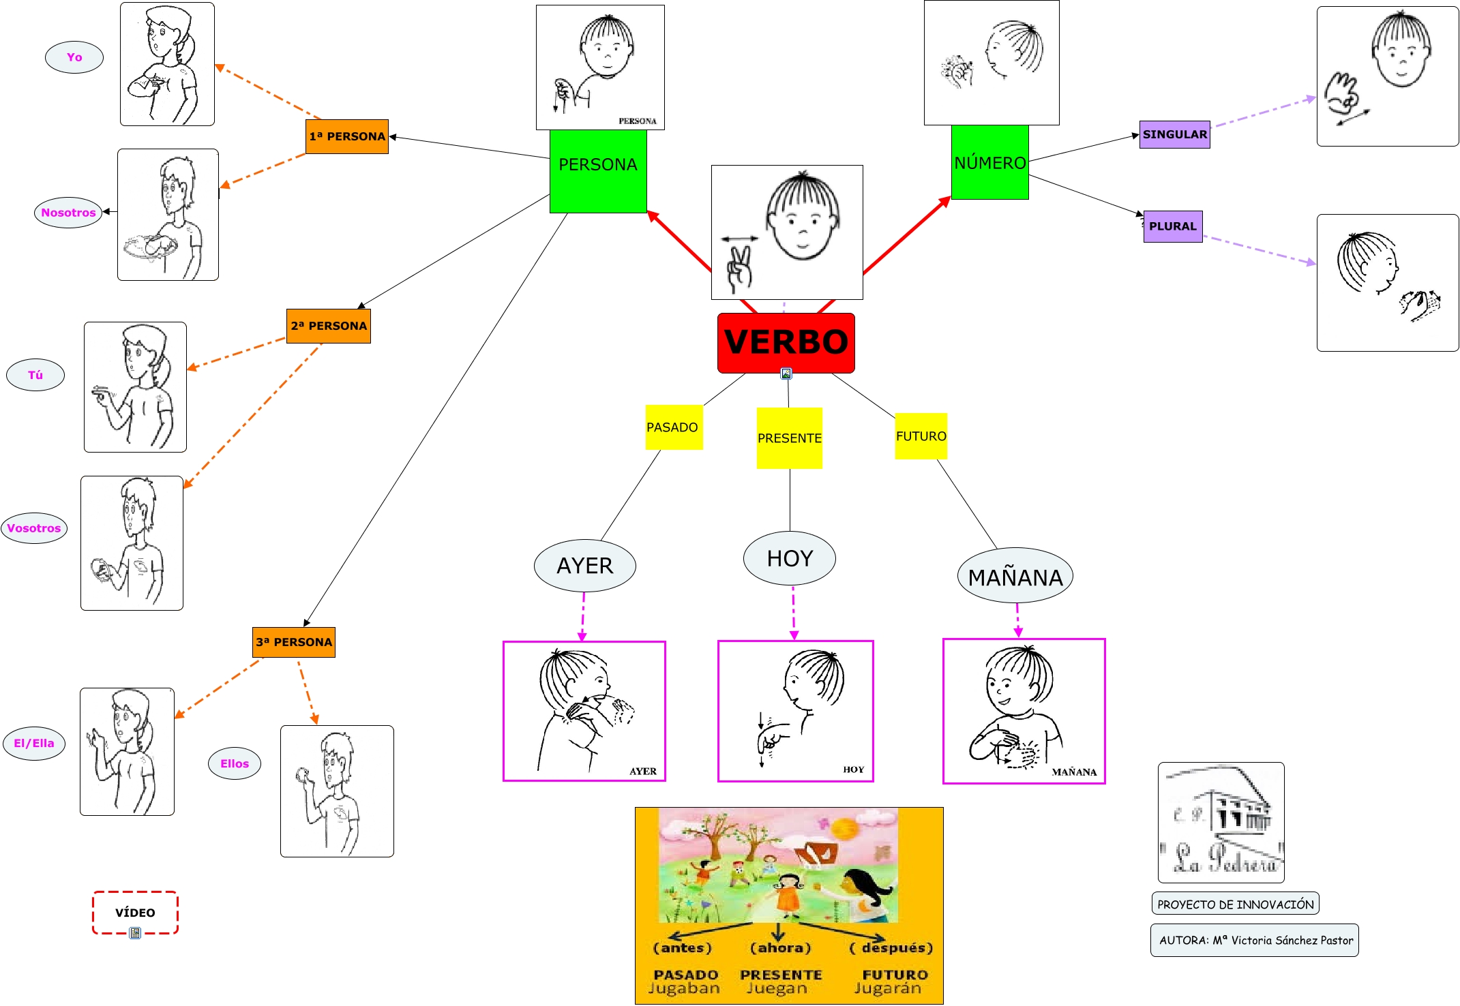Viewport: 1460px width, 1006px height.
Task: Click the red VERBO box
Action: (786, 343)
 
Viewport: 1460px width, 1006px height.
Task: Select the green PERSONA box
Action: (598, 170)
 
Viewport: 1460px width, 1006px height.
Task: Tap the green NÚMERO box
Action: (989, 162)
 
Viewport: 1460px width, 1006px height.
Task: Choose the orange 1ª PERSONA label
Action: (347, 136)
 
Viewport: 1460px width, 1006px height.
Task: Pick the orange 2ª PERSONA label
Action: (329, 326)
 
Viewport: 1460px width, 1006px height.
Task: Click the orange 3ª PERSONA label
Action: (294, 642)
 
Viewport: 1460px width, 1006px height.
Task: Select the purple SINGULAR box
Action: (1174, 134)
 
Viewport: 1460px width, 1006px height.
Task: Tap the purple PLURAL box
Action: (1172, 226)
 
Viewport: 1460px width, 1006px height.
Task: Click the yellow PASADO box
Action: (673, 427)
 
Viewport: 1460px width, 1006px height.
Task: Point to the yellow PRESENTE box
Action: (789, 438)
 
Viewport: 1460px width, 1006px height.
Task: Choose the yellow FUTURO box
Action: (921, 436)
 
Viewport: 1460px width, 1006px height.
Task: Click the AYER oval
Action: (585, 566)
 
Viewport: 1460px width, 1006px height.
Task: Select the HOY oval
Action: (790, 558)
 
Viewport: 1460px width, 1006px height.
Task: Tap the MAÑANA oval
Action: (1015, 577)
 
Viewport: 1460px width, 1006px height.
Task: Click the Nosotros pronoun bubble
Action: (68, 213)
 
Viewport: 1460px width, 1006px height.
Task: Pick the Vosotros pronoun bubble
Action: (34, 528)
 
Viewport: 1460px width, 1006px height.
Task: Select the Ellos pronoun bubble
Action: (235, 763)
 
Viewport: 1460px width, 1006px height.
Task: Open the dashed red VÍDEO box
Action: (135, 913)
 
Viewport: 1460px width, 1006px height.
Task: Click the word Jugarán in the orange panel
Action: (887, 988)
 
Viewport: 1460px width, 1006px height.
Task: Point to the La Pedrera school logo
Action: (1221, 823)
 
